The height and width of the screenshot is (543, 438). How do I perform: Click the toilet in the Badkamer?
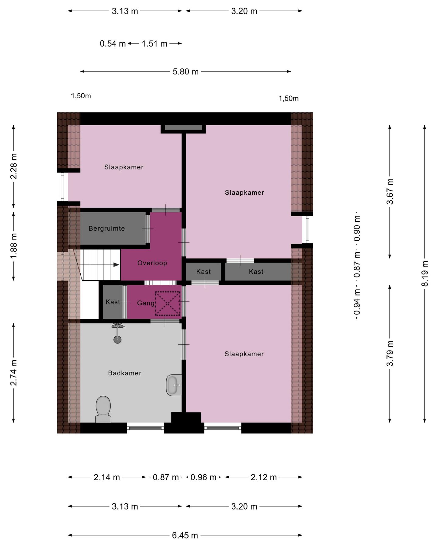coord(103,409)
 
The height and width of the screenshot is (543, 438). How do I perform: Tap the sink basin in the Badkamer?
coord(174,385)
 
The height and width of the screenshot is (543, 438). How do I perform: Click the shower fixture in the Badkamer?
coord(118,333)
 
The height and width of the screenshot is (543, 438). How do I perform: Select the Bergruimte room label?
coord(107,228)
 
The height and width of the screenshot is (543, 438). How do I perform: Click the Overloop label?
coord(152,263)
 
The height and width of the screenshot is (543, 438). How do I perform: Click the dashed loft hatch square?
coord(168,304)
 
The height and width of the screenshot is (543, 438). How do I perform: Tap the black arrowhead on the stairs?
coord(116,265)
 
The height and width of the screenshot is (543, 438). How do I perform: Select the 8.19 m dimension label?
coord(425,273)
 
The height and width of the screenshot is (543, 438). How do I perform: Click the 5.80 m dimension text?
coord(186,72)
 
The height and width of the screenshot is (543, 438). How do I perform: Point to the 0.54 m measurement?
coord(113,44)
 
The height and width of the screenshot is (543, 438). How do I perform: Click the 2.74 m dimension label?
coord(14,373)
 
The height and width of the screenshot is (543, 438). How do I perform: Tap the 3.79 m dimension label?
coord(390,353)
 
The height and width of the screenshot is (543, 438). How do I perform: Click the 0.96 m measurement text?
coord(203,478)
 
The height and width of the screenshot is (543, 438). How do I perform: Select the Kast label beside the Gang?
coord(113,302)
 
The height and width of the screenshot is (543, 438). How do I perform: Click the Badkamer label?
coord(125,373)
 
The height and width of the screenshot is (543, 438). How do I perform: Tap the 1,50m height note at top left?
coord(81,96)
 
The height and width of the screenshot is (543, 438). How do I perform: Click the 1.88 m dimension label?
coord(14,246)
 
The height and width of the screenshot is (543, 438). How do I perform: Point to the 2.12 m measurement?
coord(264,478)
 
